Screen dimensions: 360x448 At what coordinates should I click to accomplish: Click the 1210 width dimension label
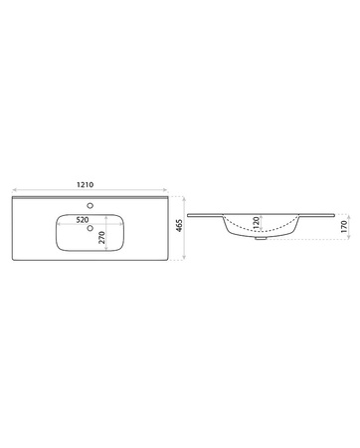pyautogui.click(x=86, y=184)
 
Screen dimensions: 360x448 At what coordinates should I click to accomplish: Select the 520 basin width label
pyautogui.click(x=83, y=220)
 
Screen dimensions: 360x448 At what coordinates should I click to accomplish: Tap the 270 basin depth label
pyautogui.click(x=102, y=238)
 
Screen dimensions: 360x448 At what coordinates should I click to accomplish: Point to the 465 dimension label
pyautogui.click(x=179, y=225)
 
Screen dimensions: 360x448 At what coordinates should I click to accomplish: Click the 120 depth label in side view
pyautogui.click(x=256, y=223)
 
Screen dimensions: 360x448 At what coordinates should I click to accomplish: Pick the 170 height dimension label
pyautogui.click(x=343, y=226)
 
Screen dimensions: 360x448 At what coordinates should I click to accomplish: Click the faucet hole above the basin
pyautogui.click(x=90, y=206)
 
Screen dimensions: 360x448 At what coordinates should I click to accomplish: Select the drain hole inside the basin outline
pyautogui.click(x=90, y=228)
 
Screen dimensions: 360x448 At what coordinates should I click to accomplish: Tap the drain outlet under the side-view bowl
pyautogui.click(x=261, y=238)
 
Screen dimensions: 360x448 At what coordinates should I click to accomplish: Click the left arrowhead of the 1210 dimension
pyautogui.click(x=14, y=190)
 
